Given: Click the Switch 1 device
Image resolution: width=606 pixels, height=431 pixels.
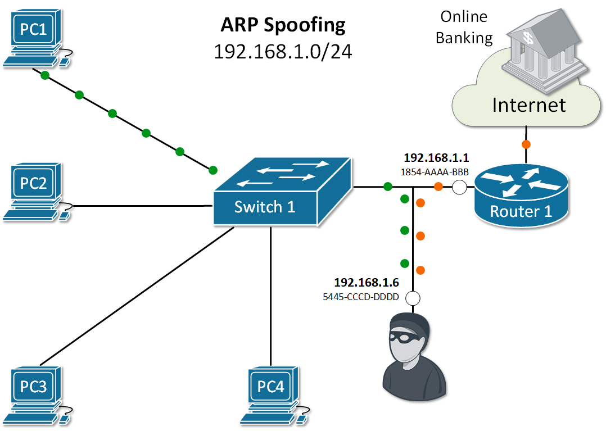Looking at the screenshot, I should (x=281, y=194).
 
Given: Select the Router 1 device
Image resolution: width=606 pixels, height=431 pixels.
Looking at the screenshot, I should (x=521, y=194).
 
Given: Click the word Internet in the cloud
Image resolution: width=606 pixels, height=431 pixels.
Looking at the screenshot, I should (x=528, y=105).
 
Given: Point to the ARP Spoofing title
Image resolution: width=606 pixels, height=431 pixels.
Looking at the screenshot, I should (x=283, y=25).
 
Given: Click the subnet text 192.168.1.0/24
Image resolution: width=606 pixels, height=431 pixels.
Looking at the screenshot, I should (x=283, y=51).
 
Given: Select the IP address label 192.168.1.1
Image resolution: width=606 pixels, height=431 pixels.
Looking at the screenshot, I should (x=428, y=158).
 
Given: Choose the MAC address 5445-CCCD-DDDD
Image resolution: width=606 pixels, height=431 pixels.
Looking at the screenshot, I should (x=360, y=297).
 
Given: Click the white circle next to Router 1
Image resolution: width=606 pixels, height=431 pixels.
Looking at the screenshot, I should (x=459, y=187).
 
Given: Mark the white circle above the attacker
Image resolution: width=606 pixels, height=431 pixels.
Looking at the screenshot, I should (x=413, y=298).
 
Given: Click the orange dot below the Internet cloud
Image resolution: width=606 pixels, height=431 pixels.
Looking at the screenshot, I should (x=526, y=144).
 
